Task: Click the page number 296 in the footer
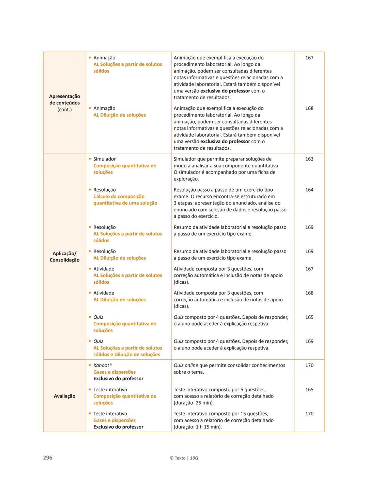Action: pyautogui.click(x=48, y=458)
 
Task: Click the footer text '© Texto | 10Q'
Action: pyautogui.click(x=184, y=458)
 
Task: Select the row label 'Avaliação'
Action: pyautogui.click(x=64, y=396)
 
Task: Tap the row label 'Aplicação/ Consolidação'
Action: pyautogui.click(x=64, y=256)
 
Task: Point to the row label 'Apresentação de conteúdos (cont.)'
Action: pyautogui.click(x=64, y=103)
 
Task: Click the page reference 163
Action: pyautogui.click(x=309, y=159)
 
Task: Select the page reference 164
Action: pyautogui.click(x=309, y=190)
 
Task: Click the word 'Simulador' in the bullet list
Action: pyautogui.click(x=104, y=159)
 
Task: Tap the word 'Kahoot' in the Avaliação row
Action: pyautogui.click(x=101, y=365)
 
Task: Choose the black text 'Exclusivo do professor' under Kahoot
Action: pyautogui.click(x=118, y=378)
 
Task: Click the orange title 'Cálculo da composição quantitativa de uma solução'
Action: pyautogui.click(x=125, y=200)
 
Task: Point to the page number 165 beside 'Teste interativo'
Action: pyautogui.click(x=309, y=389)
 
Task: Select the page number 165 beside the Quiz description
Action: pyautogui.click(x=309, y=317)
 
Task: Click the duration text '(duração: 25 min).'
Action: pyautogui.click(x=194, y=403)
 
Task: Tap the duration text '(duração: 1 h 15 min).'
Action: pyautogui.click(x=198, y=427)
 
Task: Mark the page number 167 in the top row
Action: pyautogui.click(x=309, y=58)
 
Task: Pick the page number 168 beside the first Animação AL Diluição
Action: pyautogui.click(x=309, y=108)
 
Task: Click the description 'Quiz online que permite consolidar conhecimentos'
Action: pyautogui.click(x=229, y=365)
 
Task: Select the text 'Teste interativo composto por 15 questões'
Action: pyautogui.click(x=221, y=414)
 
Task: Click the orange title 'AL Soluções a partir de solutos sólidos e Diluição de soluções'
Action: pyautogui.click(x=127, y=351)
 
